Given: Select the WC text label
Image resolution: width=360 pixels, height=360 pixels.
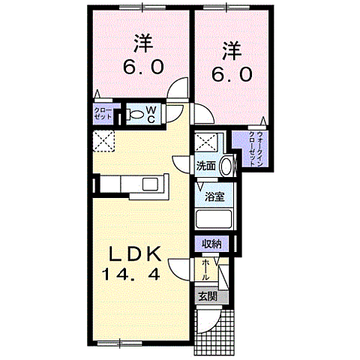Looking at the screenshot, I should tap(151, 114).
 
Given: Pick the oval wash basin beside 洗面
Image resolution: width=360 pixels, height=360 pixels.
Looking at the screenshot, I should tap(226, 166).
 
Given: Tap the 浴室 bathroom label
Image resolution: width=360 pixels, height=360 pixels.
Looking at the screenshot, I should tap(215, 198).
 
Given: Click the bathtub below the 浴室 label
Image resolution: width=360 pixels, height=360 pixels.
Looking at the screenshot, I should tap(215, 220).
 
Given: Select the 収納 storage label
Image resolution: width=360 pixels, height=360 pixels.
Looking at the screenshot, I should tap(211, 244).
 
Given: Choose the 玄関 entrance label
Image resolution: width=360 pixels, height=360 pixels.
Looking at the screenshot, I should tap(208, 295).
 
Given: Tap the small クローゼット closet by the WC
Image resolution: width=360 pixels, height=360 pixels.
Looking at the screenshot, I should tap(103, 114).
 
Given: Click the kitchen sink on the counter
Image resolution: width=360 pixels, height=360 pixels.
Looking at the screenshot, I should tap(148, 184).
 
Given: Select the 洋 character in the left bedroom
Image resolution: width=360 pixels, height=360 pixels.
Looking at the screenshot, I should tap(140, 41).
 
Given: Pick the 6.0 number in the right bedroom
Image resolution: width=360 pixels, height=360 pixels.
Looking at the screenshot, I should tap(230, 76).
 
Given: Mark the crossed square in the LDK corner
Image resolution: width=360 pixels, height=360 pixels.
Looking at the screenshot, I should tap(103, 141).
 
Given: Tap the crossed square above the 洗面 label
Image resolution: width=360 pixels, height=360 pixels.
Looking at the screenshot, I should tap(205, 142).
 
